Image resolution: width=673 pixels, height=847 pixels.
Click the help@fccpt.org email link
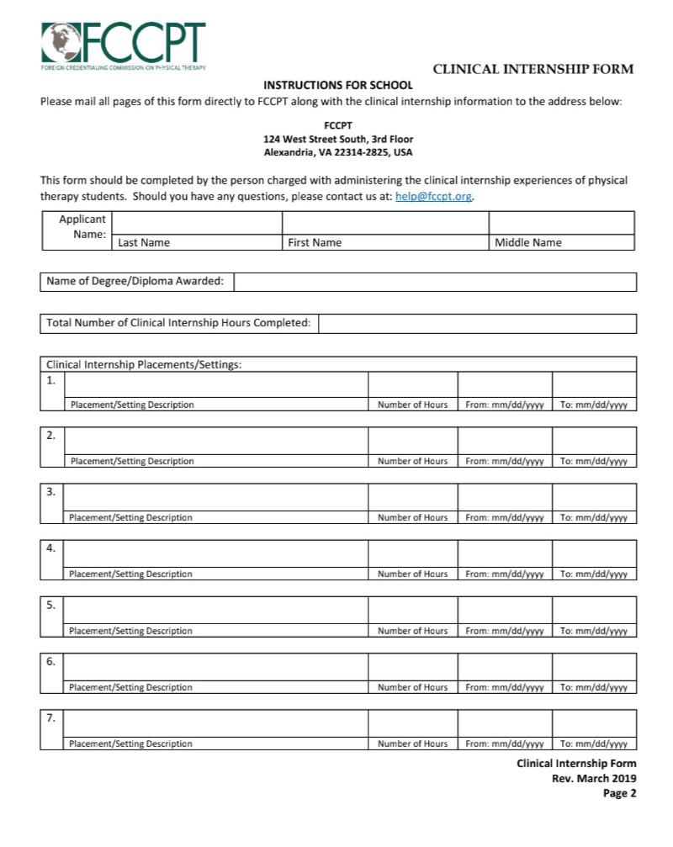[433, 197]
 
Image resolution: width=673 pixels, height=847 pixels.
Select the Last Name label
[144, 242]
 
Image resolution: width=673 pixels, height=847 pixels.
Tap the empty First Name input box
[384, 222]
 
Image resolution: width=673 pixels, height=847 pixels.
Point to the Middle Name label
[527, 242]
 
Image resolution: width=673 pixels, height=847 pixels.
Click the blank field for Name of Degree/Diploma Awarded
[434, 282]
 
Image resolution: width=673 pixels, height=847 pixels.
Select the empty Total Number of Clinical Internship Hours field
[477, 323]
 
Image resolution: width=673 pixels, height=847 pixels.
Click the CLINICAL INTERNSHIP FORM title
[533, 69]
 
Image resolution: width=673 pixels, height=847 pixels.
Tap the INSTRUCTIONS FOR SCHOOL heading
[338, 85]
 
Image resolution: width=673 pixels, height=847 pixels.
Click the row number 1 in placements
[51, 380]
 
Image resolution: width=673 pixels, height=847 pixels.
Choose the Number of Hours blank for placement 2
[412, 440]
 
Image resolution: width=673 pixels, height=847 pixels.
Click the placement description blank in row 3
[215, 496]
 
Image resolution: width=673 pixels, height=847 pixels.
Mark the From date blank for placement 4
[505, 553]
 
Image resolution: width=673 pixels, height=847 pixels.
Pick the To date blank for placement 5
[594, 609]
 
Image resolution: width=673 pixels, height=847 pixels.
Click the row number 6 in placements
[51, 662]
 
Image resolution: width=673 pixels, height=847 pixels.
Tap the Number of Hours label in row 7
[412, 744]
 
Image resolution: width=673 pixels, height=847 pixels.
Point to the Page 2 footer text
[619, 793]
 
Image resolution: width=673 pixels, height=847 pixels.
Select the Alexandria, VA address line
[338, 153]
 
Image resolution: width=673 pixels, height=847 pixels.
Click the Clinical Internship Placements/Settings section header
[144, 365]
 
